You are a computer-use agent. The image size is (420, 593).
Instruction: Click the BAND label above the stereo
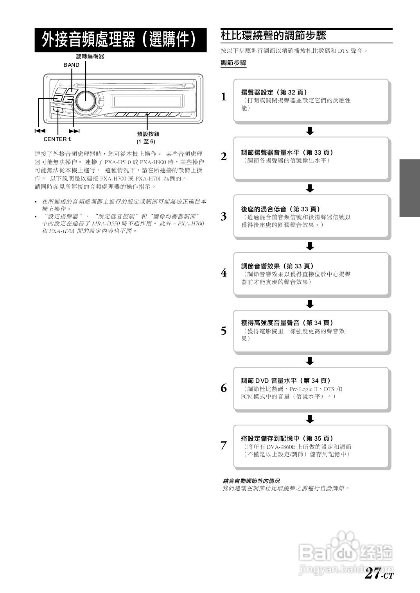(x=72, y=65)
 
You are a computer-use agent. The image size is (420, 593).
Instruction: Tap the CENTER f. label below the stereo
(x=57, y=139)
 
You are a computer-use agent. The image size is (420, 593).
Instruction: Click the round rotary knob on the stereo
(x=86, y=101)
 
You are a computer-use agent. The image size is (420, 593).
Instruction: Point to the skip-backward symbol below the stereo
(x=39, y=131)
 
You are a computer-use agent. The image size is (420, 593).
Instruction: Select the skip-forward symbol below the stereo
(x=74, y=131)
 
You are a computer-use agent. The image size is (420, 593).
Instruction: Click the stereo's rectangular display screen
(x=147, y=101)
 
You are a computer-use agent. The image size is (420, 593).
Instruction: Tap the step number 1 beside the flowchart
(x=224, y=97)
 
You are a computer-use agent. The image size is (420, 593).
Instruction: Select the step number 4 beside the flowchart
(x=224, y=273)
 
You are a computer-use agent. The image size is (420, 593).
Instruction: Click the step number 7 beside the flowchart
(x=224, y=445)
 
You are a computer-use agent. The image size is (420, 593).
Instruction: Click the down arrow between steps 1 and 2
(x=310, y=130)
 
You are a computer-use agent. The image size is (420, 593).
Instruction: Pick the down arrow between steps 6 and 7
(x=310, y=419)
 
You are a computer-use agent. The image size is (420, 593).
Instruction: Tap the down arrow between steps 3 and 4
(x=310, y=246)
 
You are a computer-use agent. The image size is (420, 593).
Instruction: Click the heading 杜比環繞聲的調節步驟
(x=273, y=36)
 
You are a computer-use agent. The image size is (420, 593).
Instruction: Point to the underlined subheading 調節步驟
(x=233, y=63)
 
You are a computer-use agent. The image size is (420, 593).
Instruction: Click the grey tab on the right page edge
(x=409, y=188)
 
